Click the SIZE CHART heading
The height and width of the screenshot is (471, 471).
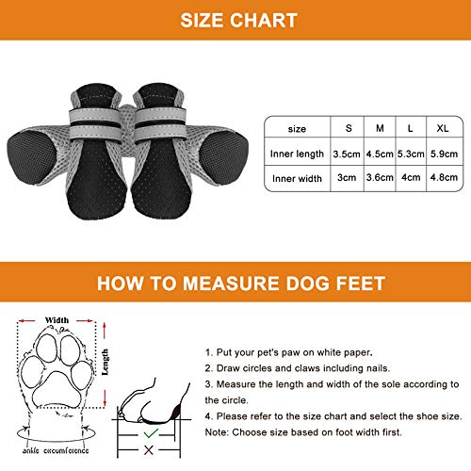click(x=235, y=20)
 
